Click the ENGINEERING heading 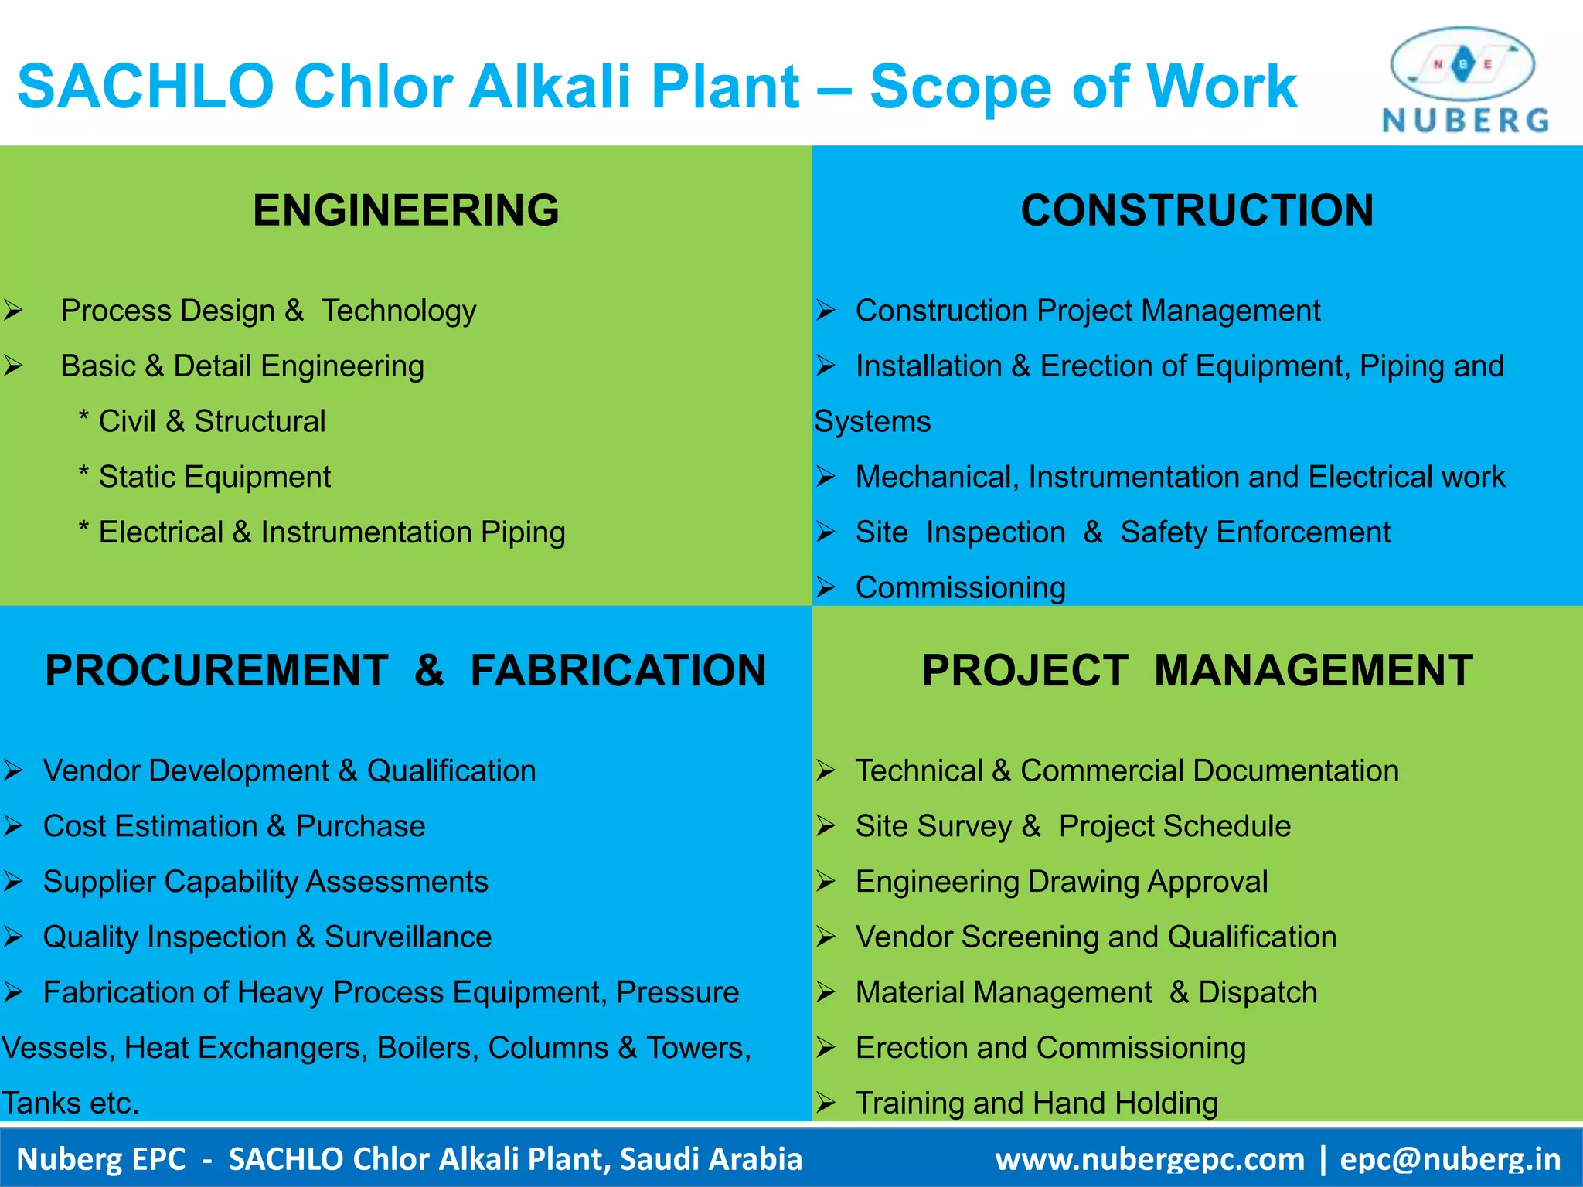click(406, 210)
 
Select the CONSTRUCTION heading click(1197, 210)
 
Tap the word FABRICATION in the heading click(618, 670)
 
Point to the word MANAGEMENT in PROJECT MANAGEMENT click(1313, 670)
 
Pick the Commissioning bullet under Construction click(960, 588)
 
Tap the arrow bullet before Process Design click(13, 311)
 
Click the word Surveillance click(407, 937)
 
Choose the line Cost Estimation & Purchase click(233, 826)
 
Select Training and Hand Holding click(1036, 1103)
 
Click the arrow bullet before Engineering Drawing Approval click(826, 882)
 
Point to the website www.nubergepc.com click(1149, 1159)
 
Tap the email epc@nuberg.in click(1450, 1159)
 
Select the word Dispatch click(1257, 992)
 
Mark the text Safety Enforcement click(1254, 532)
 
